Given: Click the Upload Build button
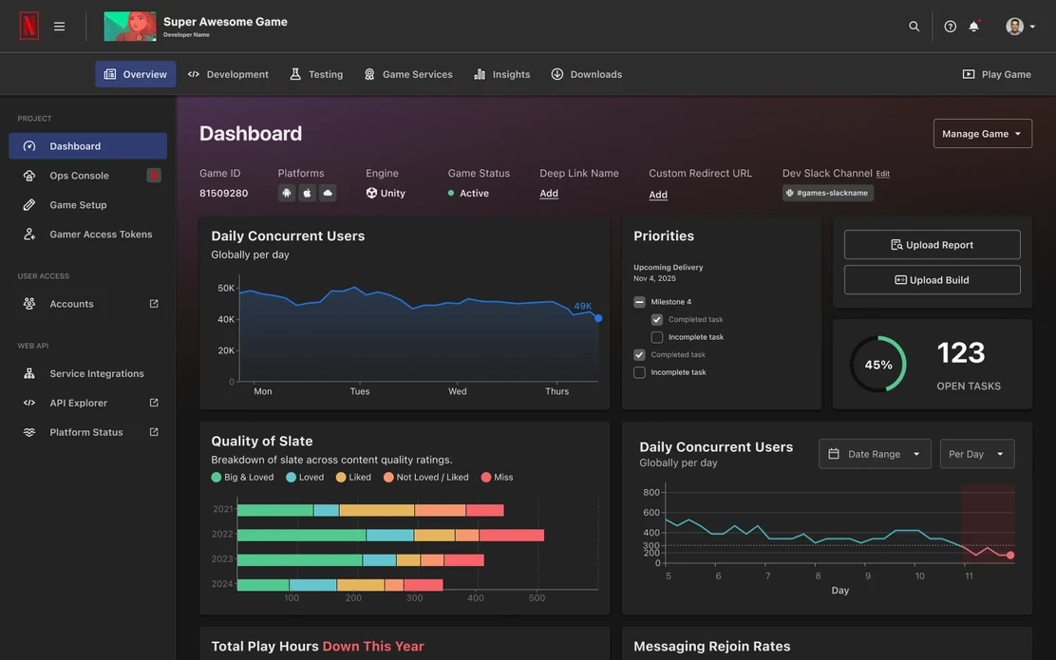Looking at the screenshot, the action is point(933,279).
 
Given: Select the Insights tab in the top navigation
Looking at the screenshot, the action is point(501,74).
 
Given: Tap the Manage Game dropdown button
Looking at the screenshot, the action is point(983,133).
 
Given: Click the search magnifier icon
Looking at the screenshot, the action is point(914,27).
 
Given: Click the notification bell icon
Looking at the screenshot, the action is point(973,27).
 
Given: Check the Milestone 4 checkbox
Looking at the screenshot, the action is point(639,302).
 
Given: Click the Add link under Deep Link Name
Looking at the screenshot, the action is point(549,194).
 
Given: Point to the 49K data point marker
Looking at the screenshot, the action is point(598,318).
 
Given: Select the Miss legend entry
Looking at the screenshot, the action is point(497,477).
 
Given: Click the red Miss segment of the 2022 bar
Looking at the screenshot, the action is point(512,536).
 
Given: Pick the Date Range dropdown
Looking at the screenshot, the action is point(875,454).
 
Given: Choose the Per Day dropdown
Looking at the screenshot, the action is point(976,454).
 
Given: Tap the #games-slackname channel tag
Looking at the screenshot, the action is point(828,193).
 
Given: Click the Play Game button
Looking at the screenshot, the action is point(997,74).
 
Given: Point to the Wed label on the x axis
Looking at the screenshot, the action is point(458,391).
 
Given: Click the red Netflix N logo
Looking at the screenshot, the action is point(28,27).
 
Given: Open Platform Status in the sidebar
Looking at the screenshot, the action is point(87,432).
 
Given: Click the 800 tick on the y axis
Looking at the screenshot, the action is point(651,492).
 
